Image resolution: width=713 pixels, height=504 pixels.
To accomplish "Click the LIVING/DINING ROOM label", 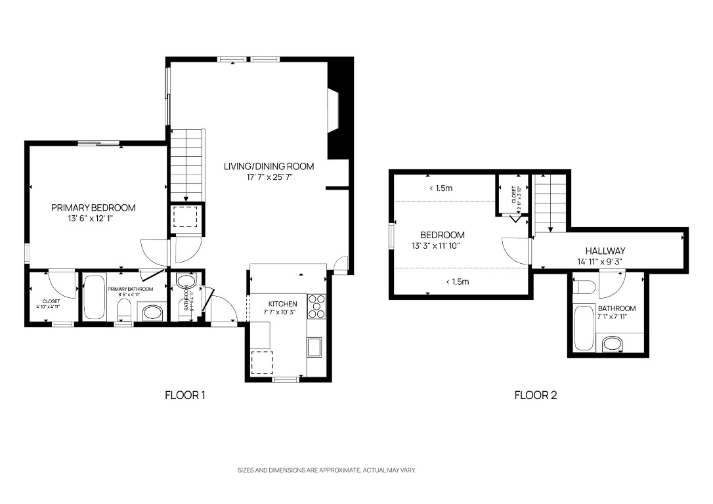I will pos(269,166).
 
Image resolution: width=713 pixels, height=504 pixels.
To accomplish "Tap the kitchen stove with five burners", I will pos(316,306).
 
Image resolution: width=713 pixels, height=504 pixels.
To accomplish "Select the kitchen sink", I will pos(314,346).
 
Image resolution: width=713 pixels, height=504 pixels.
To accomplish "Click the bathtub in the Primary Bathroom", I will pos(94,297).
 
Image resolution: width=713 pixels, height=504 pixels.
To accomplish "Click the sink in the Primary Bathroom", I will pos(152,312).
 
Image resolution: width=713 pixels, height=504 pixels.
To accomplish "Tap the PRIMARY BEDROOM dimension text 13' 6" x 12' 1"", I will pos(93,219).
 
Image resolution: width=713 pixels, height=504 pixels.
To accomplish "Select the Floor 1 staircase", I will pos(188,165).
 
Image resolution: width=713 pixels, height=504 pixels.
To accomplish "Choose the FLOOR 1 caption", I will pos(185,395).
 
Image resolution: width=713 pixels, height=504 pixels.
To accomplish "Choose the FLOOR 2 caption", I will pos(535,395).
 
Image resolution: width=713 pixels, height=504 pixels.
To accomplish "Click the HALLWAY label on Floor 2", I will pos(605,251).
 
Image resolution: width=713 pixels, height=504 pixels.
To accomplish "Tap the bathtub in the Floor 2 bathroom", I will pos(583,327).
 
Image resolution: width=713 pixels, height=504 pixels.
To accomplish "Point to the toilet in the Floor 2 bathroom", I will pos(584,287).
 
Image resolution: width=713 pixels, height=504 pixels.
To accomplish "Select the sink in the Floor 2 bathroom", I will pos(613,343).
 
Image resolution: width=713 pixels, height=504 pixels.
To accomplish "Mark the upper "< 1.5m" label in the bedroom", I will pos(441,188).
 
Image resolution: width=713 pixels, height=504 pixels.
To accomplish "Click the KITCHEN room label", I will pos(284,304).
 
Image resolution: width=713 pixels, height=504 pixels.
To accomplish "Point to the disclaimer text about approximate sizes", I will pos(326,470).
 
